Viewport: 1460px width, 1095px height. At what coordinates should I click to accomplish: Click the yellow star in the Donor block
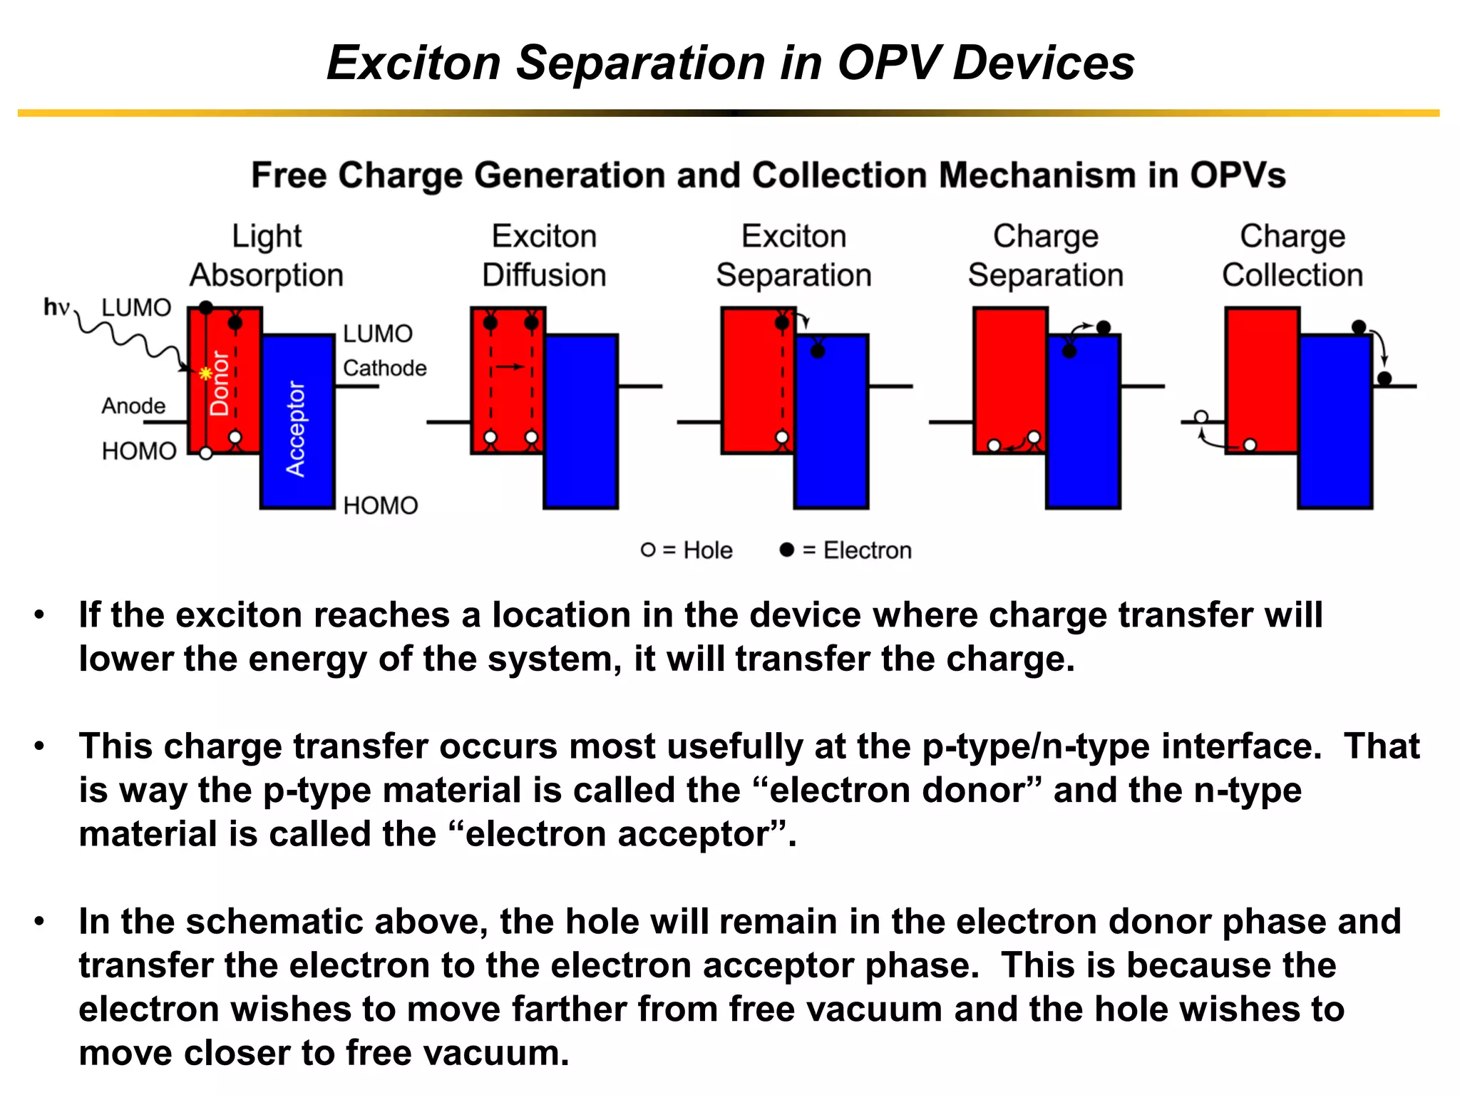pos(205,373)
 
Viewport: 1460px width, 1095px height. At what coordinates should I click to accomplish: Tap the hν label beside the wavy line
pos(56,307)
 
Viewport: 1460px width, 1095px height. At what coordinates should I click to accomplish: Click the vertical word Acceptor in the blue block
pos(295,428)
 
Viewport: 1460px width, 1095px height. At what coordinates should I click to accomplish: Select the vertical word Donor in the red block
pos(220,384)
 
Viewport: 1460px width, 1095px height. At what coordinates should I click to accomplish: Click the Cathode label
pos(384,368)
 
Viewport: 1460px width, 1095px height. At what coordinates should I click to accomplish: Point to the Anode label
pos(133,406)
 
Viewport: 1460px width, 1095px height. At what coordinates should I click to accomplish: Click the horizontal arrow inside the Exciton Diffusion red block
pos(510,366)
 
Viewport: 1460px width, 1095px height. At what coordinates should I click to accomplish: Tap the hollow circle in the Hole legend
pos(647,550)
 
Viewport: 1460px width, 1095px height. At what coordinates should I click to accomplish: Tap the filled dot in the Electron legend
pos(786,550)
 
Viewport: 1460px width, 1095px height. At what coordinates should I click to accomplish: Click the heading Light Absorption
pos(267,255)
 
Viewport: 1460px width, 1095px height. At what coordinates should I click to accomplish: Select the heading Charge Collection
pos(1292,255)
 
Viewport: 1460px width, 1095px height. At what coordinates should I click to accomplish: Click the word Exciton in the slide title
pos(414,63)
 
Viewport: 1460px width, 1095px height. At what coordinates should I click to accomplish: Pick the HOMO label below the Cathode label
pos(380,505)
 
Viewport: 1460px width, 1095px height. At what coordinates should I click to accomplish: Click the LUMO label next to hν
pos(136,307)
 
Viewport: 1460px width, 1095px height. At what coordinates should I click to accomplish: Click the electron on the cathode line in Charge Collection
pos(1384,379)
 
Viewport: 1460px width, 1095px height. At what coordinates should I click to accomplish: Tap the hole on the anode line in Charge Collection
pos(1201,417)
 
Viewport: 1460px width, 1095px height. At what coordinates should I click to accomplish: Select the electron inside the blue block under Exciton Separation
pos(818,351)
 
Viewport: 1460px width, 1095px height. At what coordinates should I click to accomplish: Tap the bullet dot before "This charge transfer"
pos(40,746)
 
